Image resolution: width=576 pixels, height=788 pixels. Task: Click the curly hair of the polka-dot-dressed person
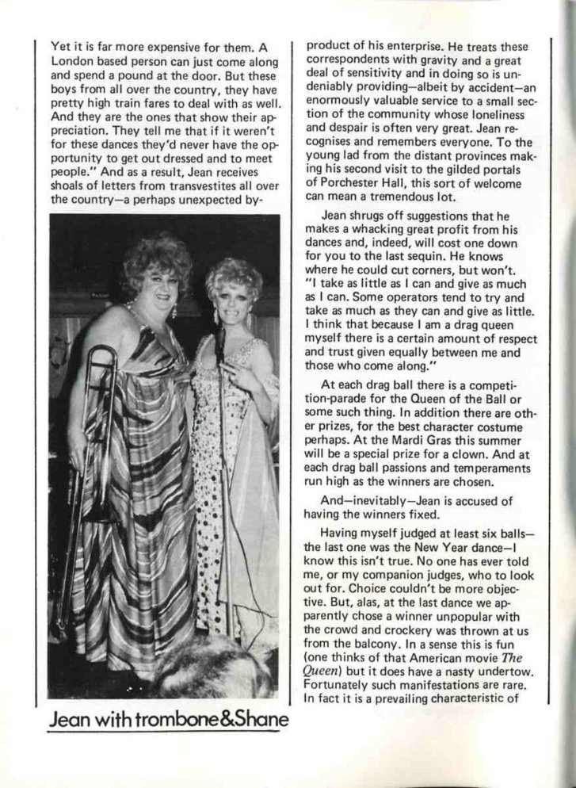pos(233,274)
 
